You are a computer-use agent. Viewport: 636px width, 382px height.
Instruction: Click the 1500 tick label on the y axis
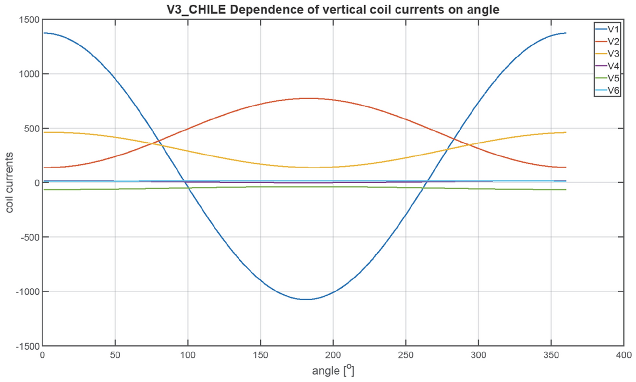(x=28, y=20)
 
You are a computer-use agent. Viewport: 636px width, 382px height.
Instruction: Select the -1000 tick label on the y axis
(x=26, y=291)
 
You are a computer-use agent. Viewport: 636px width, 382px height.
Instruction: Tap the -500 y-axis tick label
(x=28, y=237)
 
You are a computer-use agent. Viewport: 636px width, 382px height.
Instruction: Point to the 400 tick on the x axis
(x=624, y=356)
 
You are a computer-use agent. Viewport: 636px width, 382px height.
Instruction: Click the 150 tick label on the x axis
(x=260, y=356)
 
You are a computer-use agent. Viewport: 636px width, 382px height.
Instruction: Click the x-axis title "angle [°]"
(x=333, y=371)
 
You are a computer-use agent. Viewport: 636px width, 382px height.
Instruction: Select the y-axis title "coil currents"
(x=10, y=183)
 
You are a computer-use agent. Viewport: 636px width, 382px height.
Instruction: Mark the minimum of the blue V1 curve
(x=306, y=299)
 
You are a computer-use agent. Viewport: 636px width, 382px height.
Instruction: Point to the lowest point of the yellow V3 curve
(x=314, y=168)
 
